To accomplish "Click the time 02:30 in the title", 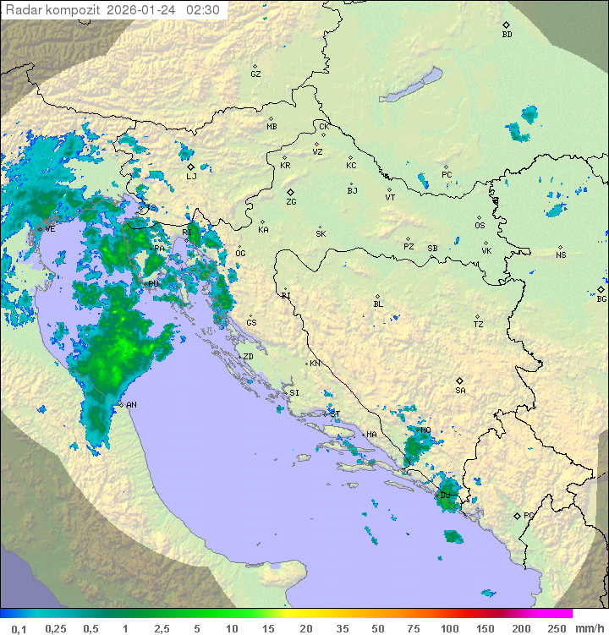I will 203,10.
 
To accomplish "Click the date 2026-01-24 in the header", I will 144,10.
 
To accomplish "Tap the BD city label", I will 507,35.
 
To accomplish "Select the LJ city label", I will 191,176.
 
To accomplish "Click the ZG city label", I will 291,202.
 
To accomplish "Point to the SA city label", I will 460,390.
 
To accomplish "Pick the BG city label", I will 601,298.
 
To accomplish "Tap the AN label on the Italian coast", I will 131,405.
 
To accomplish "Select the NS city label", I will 561,255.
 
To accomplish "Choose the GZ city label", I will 255,74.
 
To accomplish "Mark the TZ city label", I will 479,325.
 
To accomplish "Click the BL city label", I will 378,304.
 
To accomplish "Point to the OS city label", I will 480,226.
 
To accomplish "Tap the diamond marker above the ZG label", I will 290,192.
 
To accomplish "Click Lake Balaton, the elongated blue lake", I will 411,85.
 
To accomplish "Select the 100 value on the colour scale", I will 449,628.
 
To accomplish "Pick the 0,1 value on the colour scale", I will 19,628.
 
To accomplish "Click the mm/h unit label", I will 589,628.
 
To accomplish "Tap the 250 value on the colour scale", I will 557,628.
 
